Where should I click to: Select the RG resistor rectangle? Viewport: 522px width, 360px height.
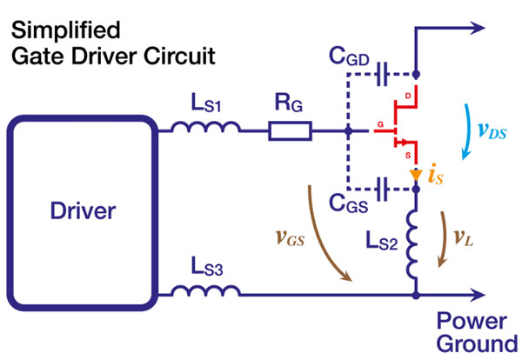coord(290,132)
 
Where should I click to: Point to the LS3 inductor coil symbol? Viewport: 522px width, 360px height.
coord(205,291)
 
